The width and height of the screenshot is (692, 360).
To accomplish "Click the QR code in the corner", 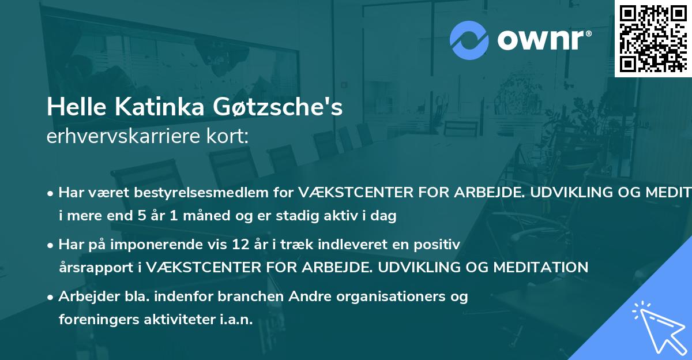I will point(652,37).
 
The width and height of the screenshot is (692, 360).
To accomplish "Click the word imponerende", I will point(165,245).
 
